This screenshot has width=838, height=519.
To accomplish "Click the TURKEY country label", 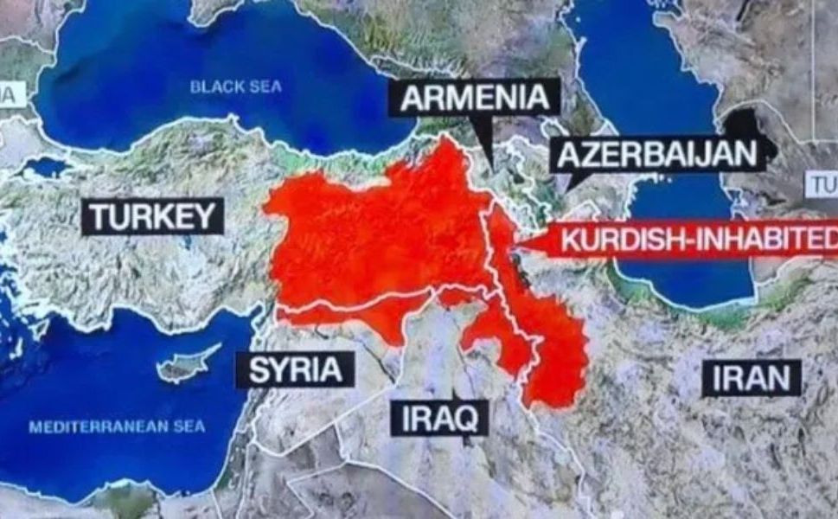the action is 152,216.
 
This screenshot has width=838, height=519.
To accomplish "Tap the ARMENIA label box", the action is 475,98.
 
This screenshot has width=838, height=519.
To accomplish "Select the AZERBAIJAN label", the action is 657,156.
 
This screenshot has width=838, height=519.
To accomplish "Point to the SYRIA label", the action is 296,369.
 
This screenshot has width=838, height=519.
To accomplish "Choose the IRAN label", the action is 751,378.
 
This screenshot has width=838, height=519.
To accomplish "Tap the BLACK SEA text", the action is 236,86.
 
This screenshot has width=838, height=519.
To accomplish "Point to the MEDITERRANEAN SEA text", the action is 117,426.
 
